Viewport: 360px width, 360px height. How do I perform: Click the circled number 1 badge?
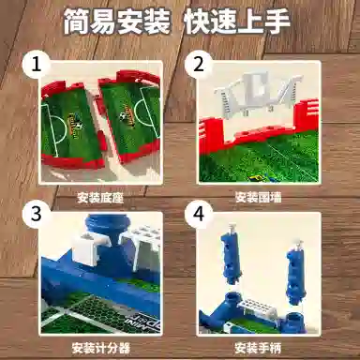click(37, 66)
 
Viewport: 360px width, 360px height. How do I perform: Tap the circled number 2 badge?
click(199, 65)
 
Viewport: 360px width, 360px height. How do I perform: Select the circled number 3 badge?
click(37, 214)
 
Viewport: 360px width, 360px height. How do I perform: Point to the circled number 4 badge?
click(199, 215)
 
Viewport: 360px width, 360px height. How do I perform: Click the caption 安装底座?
click(100, 198)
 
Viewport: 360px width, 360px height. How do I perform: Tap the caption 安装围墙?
click(259, 197)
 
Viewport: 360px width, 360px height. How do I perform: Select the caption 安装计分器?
click(100, 348)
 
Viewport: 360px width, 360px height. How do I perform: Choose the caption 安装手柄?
click(259, 348)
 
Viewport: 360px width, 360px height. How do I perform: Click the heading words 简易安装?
click(117, 22)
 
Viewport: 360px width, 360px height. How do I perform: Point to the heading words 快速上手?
click(238, 22)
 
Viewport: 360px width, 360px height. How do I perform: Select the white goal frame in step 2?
click(258, 95)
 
